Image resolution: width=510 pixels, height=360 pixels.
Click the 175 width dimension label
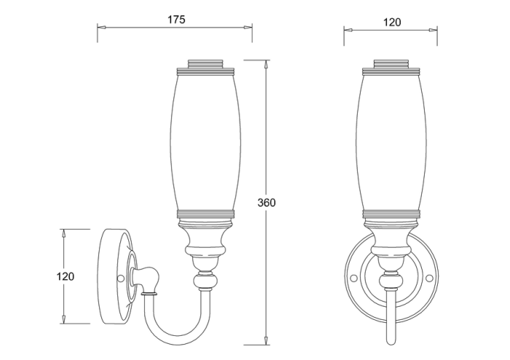pos(176,20)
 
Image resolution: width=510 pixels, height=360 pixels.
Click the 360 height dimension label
pos(267,203)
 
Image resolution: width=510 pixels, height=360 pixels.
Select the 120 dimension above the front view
pos(392,23)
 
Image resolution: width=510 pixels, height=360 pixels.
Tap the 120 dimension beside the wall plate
pos(66,276)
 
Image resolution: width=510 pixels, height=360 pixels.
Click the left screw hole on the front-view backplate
pos(352,278)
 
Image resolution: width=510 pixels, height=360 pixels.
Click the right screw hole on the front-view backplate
pos(429,278)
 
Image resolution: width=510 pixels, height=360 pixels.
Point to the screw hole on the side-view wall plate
pos(120,278)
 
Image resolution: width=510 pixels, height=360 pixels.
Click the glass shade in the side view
pos(205,143)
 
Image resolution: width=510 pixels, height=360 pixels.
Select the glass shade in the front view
pos(391,143)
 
